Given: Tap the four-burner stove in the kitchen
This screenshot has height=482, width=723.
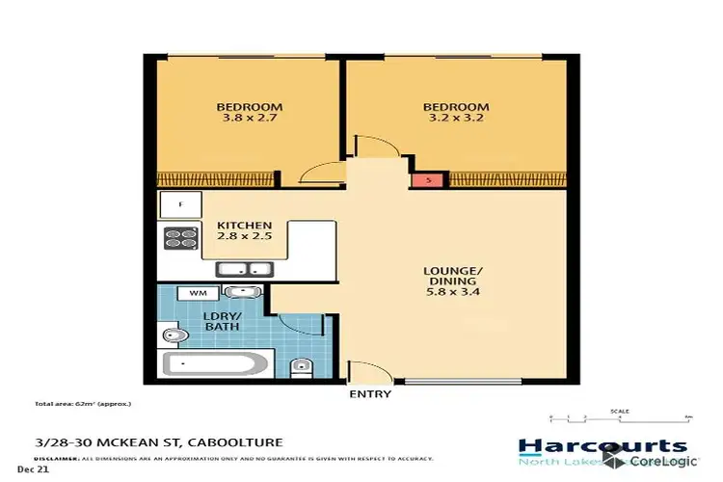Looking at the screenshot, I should [x=180, y=239].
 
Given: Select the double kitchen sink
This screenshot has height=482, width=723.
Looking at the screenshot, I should [x=243, y=269].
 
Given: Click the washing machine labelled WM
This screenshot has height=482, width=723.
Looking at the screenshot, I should [x=198, y=292].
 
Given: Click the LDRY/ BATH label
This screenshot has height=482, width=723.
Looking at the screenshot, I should [x=221, y=322].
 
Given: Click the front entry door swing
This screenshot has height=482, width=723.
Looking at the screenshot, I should [x=362, y=372].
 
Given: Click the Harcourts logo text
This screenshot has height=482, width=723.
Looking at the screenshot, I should [x=602, y=446].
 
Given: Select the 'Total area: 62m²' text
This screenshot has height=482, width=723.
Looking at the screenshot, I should [x=82, y=403].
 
